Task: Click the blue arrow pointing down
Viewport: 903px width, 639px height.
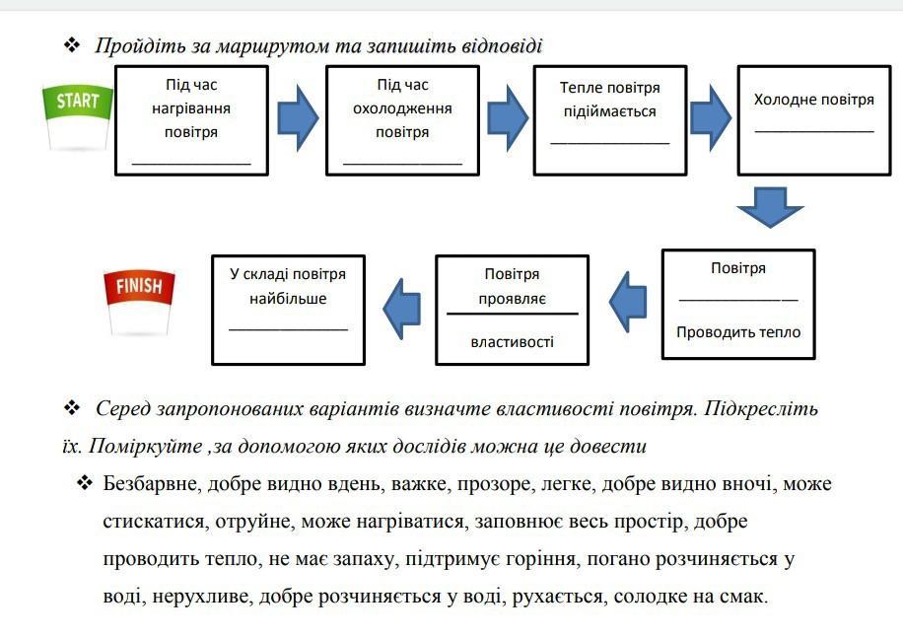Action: pyautogui.click(x=770, y=207)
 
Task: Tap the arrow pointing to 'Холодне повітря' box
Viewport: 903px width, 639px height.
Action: pyautogui.click(x=711, y=118)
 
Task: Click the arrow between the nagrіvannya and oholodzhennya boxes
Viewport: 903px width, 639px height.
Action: pyautogui.click(x=298, y=118)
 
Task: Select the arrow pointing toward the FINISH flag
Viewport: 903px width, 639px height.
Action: pyautogui.click(x=401, y=309)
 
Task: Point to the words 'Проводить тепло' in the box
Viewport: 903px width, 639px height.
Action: pyautogui.click(x=738, y=332)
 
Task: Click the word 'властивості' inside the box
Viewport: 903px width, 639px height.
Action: pyautogui.click(x=512, y=342)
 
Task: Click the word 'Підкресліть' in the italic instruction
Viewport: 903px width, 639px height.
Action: pyautogui.click(x=761, y=408)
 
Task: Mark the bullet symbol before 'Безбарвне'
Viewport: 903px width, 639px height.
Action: pyautogui.click(x=85, y=482)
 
